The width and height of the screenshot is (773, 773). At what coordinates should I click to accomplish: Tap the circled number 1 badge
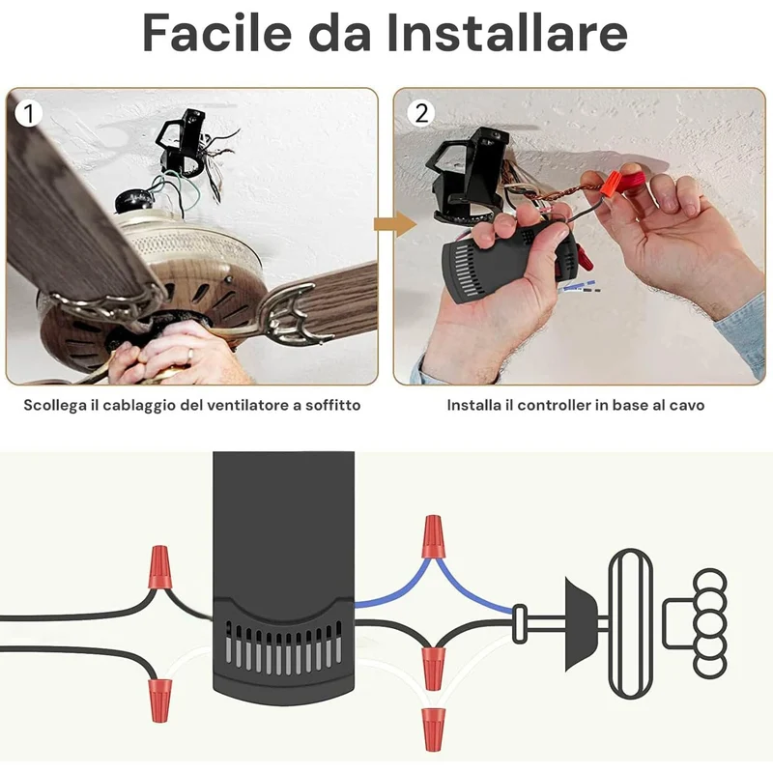click(x=28, y=113)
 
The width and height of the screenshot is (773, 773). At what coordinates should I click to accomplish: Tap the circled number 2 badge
click(x=421, y=113)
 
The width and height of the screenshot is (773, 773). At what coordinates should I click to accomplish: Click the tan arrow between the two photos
click(x=395, y=225)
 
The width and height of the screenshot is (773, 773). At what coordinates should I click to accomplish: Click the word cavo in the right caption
click(x=688, y=405)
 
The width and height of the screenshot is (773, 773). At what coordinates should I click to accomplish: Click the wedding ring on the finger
click(x=190, y=353)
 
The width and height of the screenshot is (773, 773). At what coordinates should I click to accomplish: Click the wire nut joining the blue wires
click(x=433, y=536)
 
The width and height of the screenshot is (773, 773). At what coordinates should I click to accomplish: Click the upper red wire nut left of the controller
click(x=159, y=567)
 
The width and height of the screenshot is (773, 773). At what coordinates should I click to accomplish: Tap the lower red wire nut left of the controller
click(x=159, y=700)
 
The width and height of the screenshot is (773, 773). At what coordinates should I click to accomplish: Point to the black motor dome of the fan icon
click(x=582, y=623)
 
